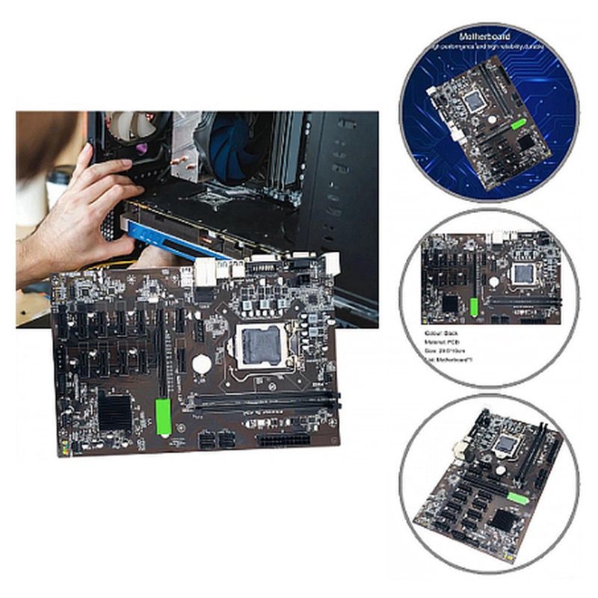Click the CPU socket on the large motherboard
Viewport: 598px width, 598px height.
click(259, 345)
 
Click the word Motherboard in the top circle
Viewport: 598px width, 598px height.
click(487, 35)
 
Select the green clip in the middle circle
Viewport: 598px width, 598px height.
click(472, 306)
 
